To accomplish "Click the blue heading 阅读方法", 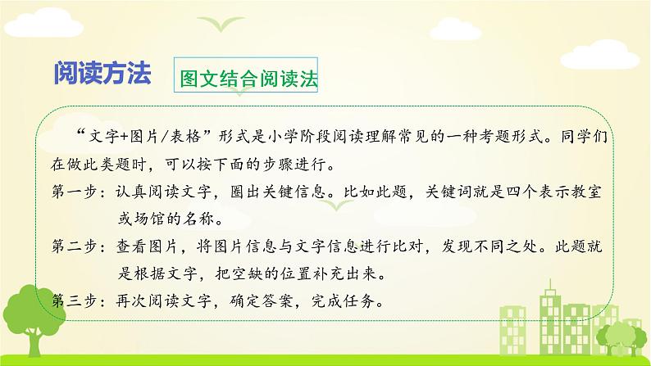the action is tap(102, 74).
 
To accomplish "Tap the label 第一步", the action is tap(75, 192).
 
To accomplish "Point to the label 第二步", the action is tap(75, 246).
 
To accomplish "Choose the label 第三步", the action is tap(75, 301).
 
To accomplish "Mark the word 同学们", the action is tap(584, 137).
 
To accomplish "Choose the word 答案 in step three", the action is tap(278, 301).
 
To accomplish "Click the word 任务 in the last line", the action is tap(360, 301).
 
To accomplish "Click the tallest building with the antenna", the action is tap(551, 319).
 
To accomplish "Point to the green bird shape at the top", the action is tap(221, 23).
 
